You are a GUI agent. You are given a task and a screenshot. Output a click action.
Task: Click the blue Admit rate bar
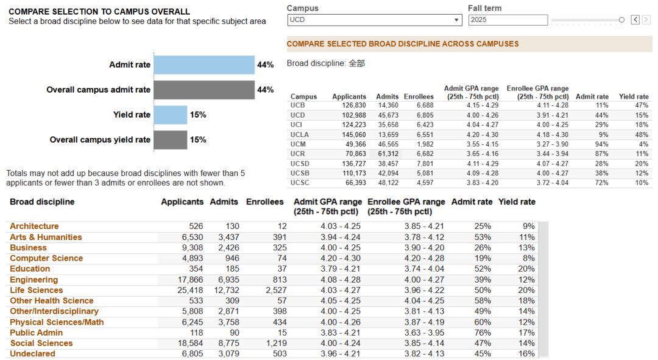point(204,65)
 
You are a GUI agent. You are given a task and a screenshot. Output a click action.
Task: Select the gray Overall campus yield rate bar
point(171,139)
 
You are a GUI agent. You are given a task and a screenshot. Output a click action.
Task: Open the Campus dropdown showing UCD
point(374,20)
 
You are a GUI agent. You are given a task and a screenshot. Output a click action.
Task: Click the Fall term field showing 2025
point(508,20)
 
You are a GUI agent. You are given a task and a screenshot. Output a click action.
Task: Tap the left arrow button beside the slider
point(635,19)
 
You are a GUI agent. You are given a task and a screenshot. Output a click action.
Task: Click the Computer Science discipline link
point(46,258)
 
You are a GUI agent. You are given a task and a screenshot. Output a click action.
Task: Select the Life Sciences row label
point(37,291)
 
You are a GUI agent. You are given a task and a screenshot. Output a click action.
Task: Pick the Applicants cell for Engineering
point(190,280)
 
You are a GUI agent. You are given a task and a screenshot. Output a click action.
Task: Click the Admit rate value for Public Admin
point(483,333)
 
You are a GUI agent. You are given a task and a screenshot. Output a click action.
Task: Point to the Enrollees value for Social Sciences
point(274,343)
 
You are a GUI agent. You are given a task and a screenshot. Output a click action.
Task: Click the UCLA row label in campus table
point(299,135)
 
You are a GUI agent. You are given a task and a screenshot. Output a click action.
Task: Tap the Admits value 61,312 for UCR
point(388,154)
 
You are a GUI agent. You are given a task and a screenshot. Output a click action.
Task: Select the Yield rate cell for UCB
point(642,105)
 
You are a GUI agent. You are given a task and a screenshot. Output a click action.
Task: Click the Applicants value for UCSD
point(354,164)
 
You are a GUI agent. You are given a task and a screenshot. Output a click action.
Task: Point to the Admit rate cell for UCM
point(602,144)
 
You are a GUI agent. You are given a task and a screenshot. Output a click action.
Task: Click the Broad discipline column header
point(42,202)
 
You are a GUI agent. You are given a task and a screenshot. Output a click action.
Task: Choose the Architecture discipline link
point(34,226)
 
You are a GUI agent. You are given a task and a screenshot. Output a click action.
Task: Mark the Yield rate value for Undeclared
point(526,354)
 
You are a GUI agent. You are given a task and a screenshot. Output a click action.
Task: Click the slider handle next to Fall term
point(621,19)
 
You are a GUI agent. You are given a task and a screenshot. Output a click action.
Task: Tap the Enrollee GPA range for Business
point(424,248)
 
